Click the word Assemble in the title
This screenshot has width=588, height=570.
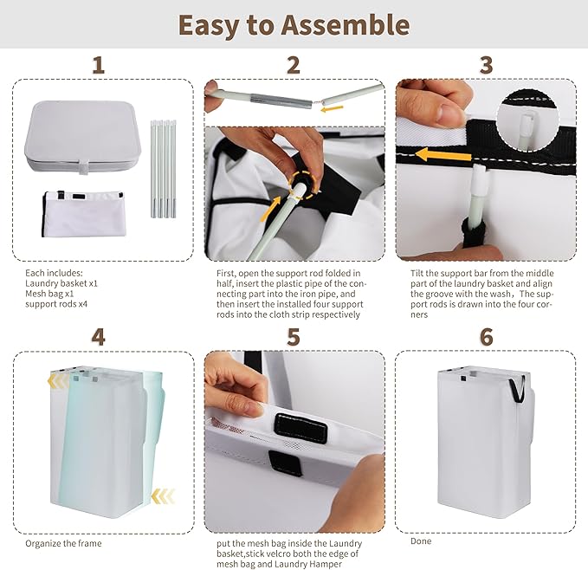click(x=345, y=25)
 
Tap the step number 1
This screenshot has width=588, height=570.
click(x=98, y=65)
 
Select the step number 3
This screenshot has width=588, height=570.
click(x=486, y=65)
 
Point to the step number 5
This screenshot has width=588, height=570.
click(x=294, y=337)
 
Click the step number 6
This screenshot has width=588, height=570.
click(x=486, y=337)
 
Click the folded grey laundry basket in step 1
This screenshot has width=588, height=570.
click(x=83, y=137)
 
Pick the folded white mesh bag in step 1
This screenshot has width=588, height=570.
click(x=83, y=213)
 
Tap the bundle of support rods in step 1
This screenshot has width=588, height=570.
click(x=164, y=169)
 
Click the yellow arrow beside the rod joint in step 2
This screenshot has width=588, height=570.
click(x=332, y=109)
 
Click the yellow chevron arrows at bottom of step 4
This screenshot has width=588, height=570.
click(x=163, y=496)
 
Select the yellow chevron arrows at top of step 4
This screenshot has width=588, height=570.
click(x=59, y=381)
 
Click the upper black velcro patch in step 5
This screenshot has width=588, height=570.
click(x=300, y=429)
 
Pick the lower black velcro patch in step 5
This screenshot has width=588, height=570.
click(x=286, y=463)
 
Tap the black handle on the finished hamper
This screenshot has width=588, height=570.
click(x=517, y=390)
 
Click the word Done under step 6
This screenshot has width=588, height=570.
click(x=421, y=541)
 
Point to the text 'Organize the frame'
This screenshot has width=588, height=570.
click(x=63, y=543)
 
